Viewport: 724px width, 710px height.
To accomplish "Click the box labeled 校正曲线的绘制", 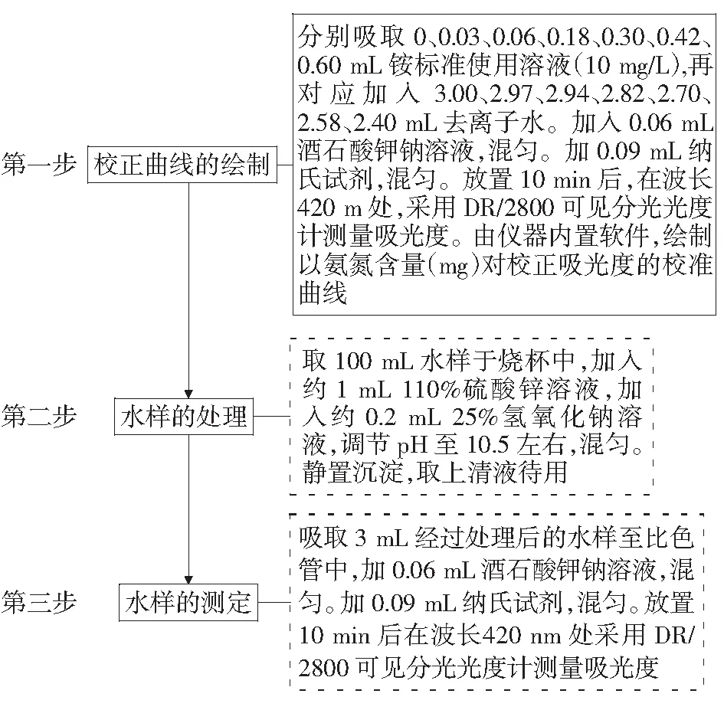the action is [x=182, y=165].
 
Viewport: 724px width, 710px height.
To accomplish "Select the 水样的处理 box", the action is [x=184, y=417].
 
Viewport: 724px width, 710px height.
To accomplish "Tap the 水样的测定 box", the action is [x=188, y=603].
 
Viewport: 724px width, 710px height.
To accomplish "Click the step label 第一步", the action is [x=39, y=165].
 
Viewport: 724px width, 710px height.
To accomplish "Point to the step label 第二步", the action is [x=39, y=417].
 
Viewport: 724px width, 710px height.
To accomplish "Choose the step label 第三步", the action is [x=39, y=603].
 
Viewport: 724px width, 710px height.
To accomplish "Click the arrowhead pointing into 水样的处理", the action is [x=188, y=394].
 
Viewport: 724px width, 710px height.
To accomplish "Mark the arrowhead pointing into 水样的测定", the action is [x=188, y=580].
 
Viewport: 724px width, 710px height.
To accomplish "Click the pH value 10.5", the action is [x=487, y=445].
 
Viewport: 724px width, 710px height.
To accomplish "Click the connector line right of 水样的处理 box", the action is [x=271, y=417].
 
